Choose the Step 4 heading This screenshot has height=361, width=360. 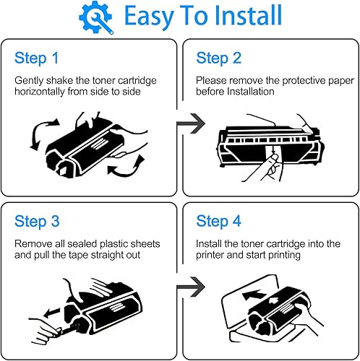click(218, 222)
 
